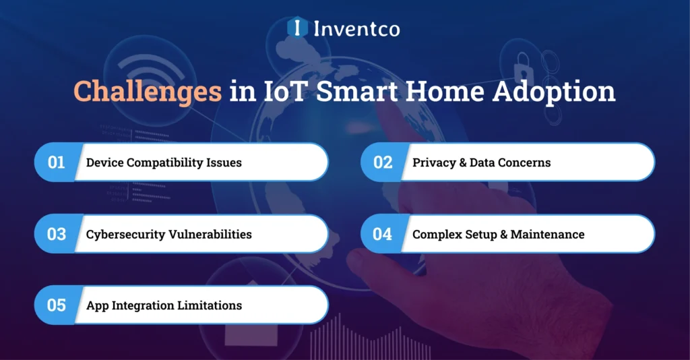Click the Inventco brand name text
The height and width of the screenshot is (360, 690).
tap(356, 28)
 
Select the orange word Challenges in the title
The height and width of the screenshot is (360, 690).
tap(148, 91)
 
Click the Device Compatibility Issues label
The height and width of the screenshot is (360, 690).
tap(164, 162)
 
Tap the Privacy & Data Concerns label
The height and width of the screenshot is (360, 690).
tap(481, 162)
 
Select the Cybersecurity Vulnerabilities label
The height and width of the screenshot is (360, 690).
tap(168, 234)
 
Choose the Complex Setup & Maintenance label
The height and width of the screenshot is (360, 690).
tap(498, 234)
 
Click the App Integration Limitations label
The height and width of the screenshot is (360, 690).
tap(164, 305)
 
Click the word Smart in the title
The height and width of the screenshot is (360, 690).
tap(354, 91)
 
